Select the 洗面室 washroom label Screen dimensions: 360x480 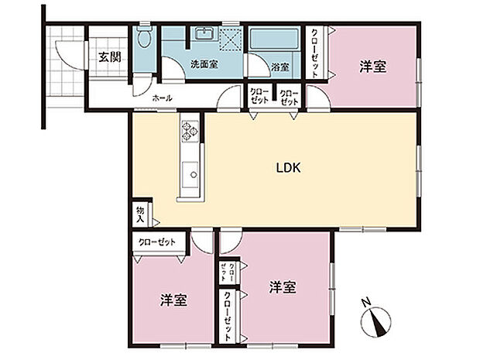(x=204, y=65)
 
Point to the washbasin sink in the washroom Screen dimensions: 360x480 (x=204, y=34)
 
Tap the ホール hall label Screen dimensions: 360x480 (x=162, y=98)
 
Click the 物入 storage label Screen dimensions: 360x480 (x=141, y=214)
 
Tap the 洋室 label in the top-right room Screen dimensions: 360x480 (x=373, y=67)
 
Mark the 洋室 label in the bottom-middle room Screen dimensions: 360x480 (x=283, y=287)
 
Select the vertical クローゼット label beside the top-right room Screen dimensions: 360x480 (x=317, y=52)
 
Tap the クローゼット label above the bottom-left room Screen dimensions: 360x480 (x=157, y=242)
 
